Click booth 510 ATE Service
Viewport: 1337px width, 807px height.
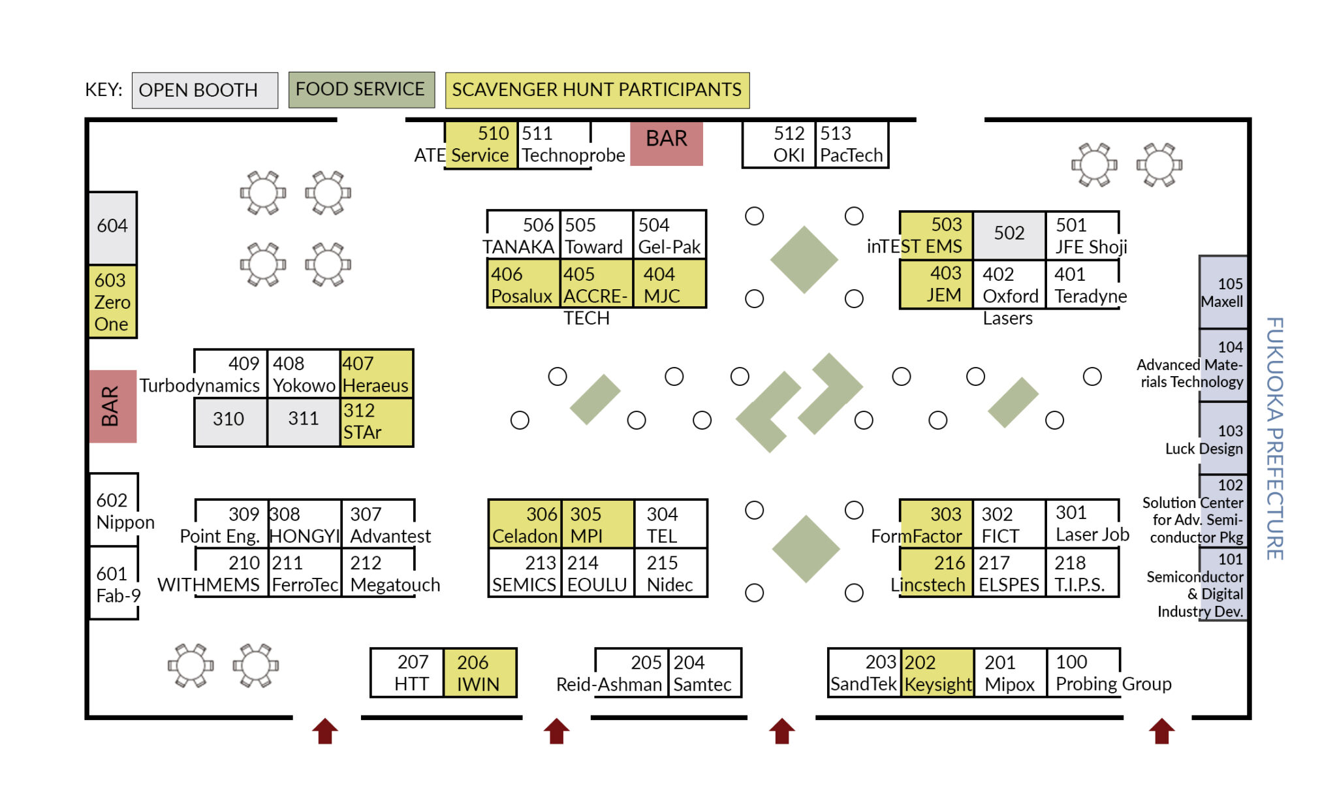pyautogui.click(x=481, y=145)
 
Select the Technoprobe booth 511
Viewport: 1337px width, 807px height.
pyautogui.click(x=555, y=145)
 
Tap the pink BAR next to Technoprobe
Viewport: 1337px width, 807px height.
pyautogui.click(x=666, y=142)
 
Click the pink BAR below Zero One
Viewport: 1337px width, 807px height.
pyautogui.click(x=112, y=406)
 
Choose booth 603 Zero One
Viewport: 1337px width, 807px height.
pyautogui.click(x=112, y=302)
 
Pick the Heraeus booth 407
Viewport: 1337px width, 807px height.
pyautogui.click(x=376, y=374)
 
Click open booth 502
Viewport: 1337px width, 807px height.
pyautogui.click(x=1009, y=234)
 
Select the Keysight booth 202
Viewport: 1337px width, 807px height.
pyautogui.click(x=938, y=673)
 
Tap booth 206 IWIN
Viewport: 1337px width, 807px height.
pyautogui.click(x=479, y=673)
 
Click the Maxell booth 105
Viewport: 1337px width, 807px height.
pyautogui.click(x=1223, y=293)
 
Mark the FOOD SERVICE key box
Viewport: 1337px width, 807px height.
pyautogui.click(x=361, y=89)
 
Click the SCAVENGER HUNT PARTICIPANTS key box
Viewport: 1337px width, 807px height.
pyautogui.click(x=597, y=90)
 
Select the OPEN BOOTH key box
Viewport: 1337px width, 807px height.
pyautogui.click(x=204, y=90)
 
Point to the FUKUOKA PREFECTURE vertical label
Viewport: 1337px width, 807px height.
pyautogui.click(x=1274, y=437)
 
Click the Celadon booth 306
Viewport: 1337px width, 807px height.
pyautogui.click(x=525, y=524)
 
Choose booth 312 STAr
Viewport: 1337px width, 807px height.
pyautogui.click(x=376, y=422)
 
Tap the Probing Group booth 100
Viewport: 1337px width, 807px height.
pyautogui.click(x=1084, y=673)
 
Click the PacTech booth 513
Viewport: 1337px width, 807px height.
pyautogui.click(x=851, y=145)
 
